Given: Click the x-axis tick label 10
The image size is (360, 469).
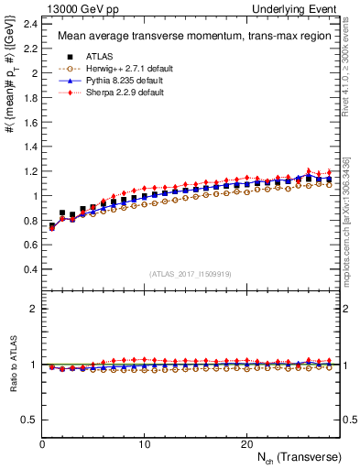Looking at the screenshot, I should point(144,444).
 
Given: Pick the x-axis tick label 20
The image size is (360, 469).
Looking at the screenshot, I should point(245,444).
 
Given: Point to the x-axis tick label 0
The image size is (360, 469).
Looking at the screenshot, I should point(42,444).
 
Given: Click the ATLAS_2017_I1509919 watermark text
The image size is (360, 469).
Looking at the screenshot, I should point(191,274).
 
